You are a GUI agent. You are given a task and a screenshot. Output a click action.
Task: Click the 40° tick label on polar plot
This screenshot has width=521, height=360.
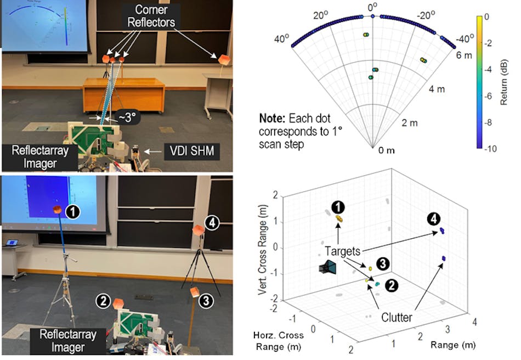click(x=282, y=39)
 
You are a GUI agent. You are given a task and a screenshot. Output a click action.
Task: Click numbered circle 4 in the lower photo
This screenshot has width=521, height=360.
click(x=212, y=222)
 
